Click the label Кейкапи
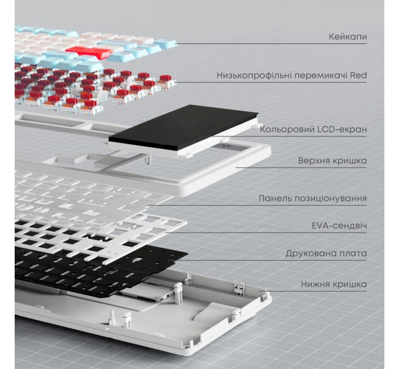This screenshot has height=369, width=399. click(348, 37)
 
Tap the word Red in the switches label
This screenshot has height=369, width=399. click(357, 76)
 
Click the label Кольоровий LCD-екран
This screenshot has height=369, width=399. click(313, 129)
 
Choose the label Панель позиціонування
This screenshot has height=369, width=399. click(313, 198)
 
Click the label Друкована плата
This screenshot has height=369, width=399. click(326, 254)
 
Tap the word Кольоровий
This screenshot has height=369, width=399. click(285, 129)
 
